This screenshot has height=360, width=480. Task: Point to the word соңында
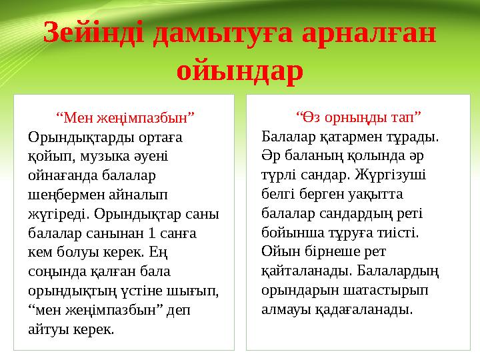[x=56, y=273]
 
